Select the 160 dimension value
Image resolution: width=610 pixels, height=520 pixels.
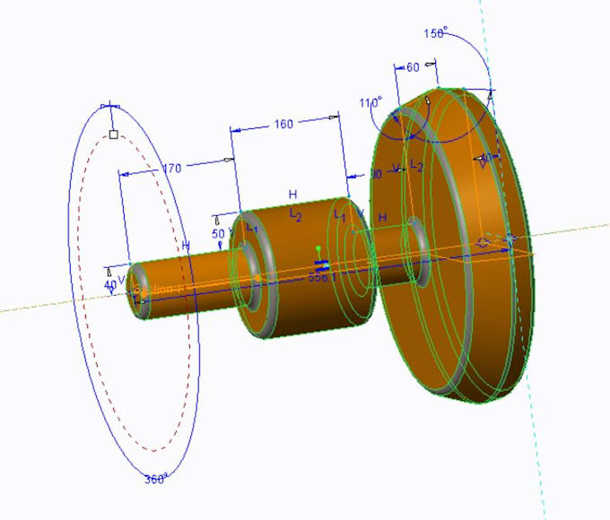tap(283, 125)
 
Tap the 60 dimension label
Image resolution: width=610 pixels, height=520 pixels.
tap(413, 67)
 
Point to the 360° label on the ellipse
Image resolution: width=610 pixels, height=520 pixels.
tap(156, 480)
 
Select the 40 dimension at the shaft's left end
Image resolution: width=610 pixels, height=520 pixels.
tap(110, 285)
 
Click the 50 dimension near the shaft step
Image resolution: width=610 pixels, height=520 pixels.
tap(218, 234)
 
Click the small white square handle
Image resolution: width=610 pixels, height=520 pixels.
tap(113, 134)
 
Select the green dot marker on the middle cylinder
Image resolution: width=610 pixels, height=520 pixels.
tap(318, 248)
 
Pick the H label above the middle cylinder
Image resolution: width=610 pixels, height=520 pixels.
tap(292, 195)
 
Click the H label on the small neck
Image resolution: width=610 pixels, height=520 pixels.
tap(382, 218)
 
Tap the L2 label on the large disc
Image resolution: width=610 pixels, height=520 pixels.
tap(416, 166)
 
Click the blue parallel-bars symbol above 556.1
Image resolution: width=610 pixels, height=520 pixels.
tap(322, 265)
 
